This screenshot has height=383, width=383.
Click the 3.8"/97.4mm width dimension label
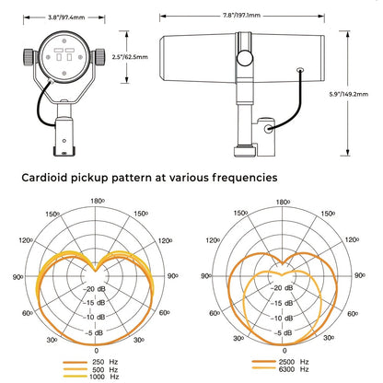pyautogui.click(x=66, y=17)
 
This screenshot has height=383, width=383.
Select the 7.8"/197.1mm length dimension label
pyautogui.click(x=241, y=15)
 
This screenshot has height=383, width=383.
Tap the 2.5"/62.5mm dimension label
pyautogui.click(x=130, y=57)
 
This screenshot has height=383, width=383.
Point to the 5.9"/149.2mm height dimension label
pyautogui.click(x=349, y=94)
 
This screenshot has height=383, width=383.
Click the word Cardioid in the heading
pyautogui.click(x=44, y=178)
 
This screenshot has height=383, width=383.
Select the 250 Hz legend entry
pyautogui.click(x=90, y=362)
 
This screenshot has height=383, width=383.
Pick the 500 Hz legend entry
pyautogui.click(x=90, y=369)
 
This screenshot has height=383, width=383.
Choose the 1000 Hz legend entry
pyautogui.click(x=90, y=377)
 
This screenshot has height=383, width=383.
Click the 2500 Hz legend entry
pyautogui.click(x=280, y=362)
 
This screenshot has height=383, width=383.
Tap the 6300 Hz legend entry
pyautogui.click(x=280, y=369)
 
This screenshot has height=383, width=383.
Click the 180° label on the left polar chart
pyautogui.click(x=98, y=201)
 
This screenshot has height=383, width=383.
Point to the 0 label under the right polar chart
pyautogui.click(x=284, y=351)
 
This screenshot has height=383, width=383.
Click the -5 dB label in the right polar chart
pyautogui.click(x=281, y=333)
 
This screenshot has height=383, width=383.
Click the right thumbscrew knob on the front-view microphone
pyautogui.click(x=99, y=57)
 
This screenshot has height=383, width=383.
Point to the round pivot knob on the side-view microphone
pyautogui.click(x=245, y=58)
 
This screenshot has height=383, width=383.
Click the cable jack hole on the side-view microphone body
pyautogui.click(x=300, y=70)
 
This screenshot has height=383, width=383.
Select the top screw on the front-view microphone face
pyautogui.click(x=64, y=41)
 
